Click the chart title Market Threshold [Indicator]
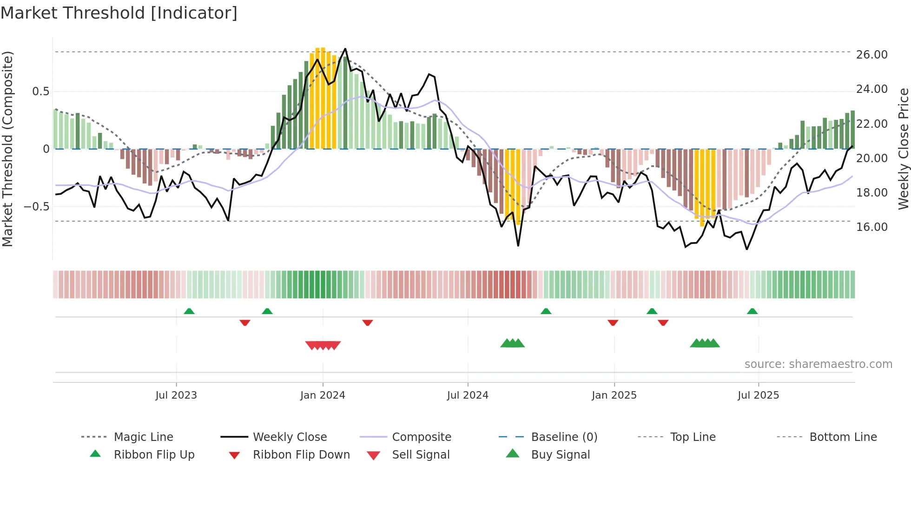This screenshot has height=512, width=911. point(119,13)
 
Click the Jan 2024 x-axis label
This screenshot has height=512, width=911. point(323,395)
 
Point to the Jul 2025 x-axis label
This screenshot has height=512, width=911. point(758,395)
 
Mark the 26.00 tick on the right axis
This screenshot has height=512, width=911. point(871,54)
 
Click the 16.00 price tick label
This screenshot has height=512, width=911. point(871,227)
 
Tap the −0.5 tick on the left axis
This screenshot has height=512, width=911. point(36,206)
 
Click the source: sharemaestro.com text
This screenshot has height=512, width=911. point(818,364)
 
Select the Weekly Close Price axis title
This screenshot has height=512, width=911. point(903,149)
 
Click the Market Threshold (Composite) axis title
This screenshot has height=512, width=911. point(7,149)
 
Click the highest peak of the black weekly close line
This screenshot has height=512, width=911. point(345,49)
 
